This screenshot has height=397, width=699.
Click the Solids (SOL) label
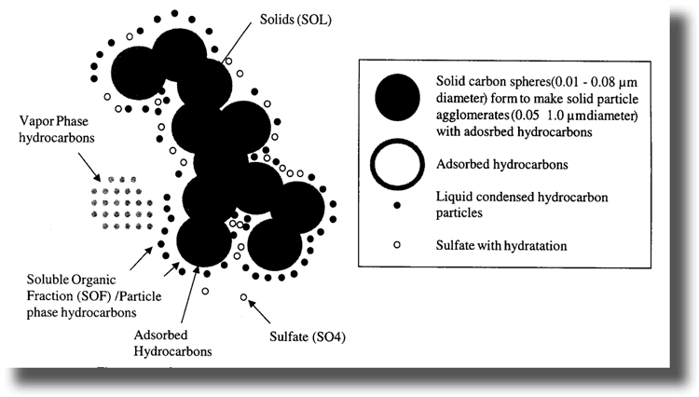point(295,20)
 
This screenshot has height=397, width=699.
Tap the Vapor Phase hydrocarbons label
point(57,130)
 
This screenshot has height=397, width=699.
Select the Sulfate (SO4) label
point(308,336)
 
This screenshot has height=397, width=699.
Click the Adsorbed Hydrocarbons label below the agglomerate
point(172,343)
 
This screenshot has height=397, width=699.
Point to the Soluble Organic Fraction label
point(94,295)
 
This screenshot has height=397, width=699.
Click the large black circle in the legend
point(397,98)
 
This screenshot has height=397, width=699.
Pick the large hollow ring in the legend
point(397,164)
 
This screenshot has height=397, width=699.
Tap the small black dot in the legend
point(397,205)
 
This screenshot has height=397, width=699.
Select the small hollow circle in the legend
point(397,244)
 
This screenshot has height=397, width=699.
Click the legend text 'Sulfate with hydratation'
point(501,245)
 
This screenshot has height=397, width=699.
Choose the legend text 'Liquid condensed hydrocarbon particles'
point(522,204)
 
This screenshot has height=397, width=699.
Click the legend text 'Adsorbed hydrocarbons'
point(502,164)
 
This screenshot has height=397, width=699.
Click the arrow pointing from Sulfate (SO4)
point(259,311)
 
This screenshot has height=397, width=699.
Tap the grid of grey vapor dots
point(121,203)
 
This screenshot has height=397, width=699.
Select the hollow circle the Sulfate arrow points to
point(243,297)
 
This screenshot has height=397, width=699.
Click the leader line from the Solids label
point(236,42)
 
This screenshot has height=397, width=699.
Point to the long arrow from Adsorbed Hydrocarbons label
point(189,294)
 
